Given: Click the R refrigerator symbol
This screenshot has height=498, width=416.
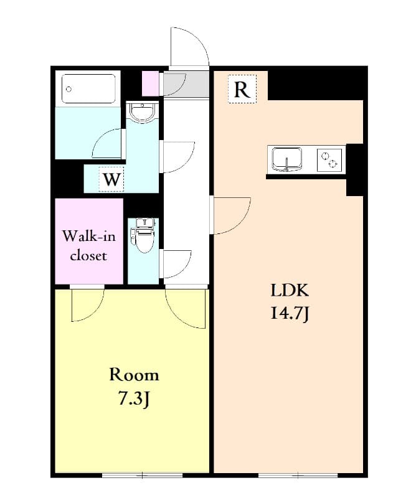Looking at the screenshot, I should [x=242, y=90].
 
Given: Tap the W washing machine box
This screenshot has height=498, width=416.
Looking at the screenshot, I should [x=111, y=179].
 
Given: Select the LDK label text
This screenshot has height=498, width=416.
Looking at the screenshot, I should [x=289, y=291].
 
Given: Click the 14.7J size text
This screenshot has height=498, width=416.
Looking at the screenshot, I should [x=290, y=314].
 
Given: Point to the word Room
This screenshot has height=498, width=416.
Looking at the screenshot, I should [x=134, y=375].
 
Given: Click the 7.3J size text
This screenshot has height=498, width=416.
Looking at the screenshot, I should [x=134, y=398].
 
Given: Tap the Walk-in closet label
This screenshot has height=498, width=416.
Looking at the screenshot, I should [x=88, y=246].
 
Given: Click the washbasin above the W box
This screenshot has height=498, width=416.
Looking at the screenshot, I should [x=143, y=112].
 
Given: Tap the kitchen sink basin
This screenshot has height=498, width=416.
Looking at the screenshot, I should [x=286, y=159].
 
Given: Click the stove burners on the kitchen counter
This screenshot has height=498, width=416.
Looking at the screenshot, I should [x=331, y=159].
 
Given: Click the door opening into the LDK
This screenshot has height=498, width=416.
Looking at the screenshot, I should [x=230, y=215].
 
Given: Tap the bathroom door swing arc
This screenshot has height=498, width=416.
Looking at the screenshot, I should [x=110, y=144].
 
